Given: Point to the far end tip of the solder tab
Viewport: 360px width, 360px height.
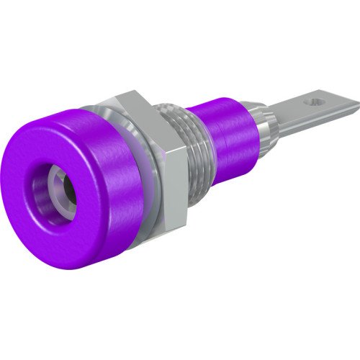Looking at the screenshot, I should tap(356, 108).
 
